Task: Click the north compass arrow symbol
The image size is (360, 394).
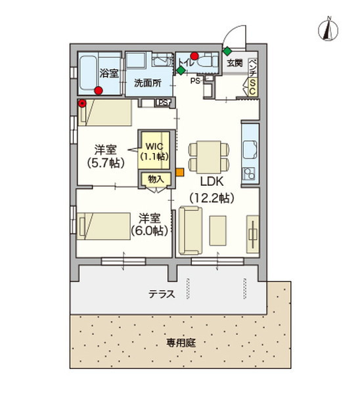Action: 326,29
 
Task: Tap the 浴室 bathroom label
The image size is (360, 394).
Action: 108,73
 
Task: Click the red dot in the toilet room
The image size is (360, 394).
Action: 194,55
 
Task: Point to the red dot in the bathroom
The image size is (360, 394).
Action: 99,91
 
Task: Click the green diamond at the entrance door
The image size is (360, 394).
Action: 227,51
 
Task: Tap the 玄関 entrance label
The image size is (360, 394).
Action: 235,63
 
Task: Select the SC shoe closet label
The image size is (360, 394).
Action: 252,88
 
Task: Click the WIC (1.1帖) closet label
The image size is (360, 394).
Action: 154,150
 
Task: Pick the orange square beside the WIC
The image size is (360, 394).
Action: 179,173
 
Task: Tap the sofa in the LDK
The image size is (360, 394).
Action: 190,230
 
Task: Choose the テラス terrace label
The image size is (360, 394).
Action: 162,294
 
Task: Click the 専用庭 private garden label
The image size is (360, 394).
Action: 181,343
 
